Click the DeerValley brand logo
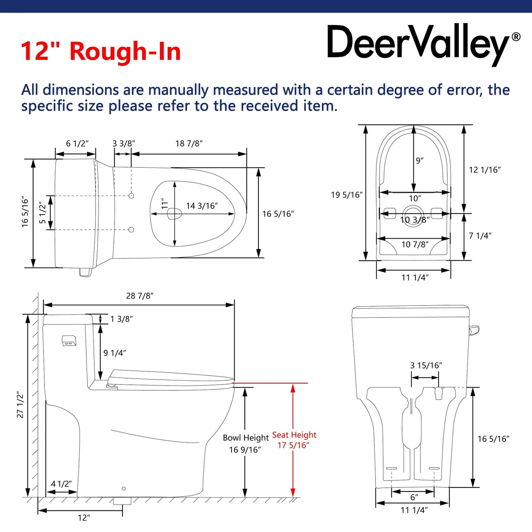(x=423, y=44)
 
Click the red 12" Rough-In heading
(x=101, y=51)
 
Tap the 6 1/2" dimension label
(x=77, y=144)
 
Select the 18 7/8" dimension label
(x=189, y=144)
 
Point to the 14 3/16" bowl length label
(x=202, y=206)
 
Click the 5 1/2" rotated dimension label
(x=42, y=212)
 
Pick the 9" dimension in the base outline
(x=420, y=161)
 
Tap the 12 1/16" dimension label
(x=485, y=170)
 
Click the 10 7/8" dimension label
(x=415, y=244)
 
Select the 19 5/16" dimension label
(x=347, y=195)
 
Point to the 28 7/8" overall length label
(x=140, y=296)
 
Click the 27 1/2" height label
(x=20, y=405)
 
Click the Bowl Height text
(x=246, y=438)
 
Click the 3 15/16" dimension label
(x=426, y=365)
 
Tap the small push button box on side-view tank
(x=69, y=341)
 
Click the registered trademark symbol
(x=516, y=37)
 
